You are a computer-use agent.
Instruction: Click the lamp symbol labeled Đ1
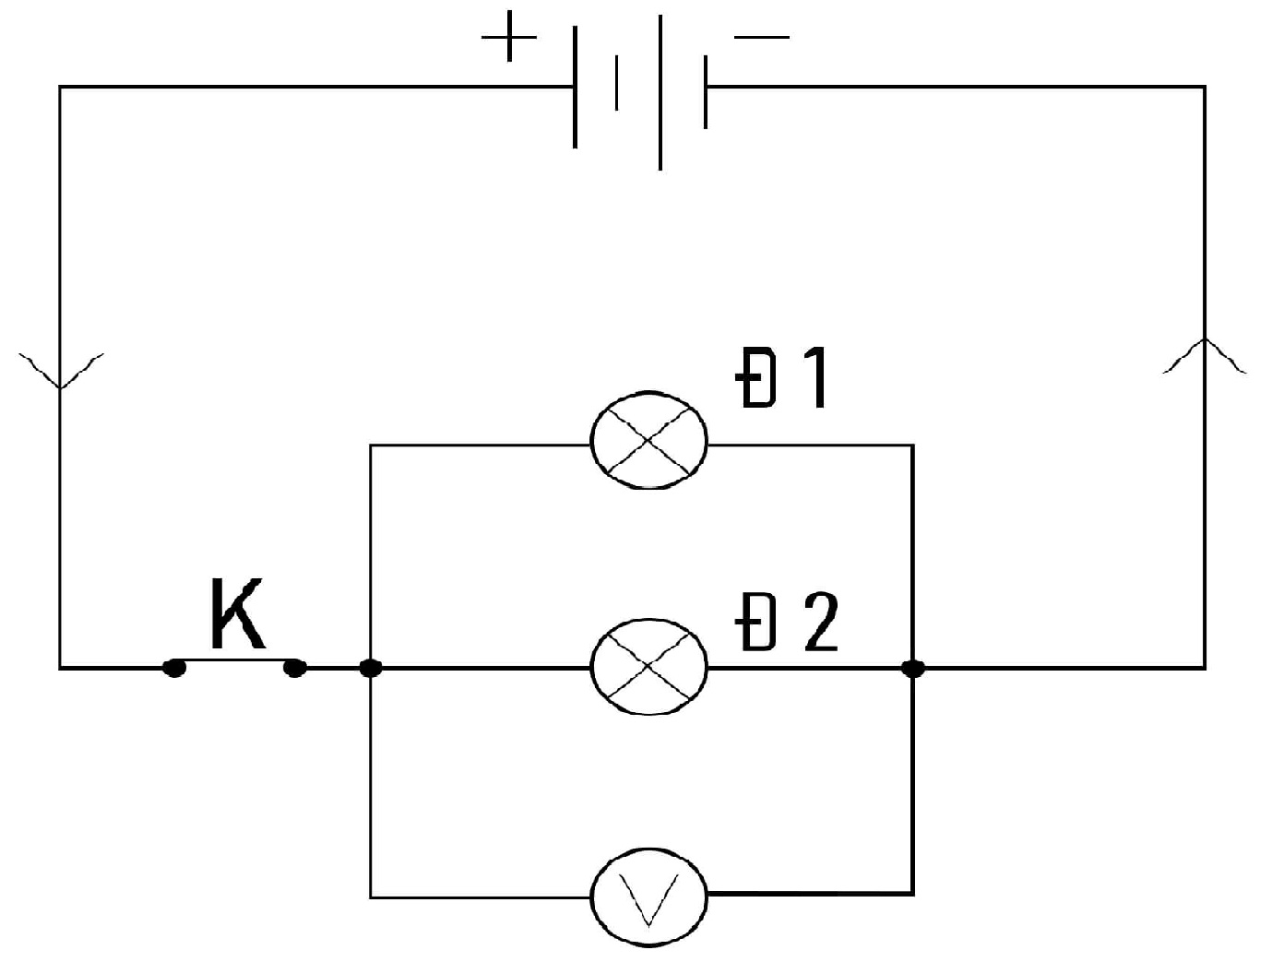click(649, 440)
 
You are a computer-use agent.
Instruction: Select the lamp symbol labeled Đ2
click(649, 666)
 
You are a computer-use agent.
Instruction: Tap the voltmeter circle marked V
click(649, 896)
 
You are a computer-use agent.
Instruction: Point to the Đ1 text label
click(782, 379)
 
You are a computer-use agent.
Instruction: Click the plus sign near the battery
click(508, 38)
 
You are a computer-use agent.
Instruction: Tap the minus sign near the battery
click(762, 38)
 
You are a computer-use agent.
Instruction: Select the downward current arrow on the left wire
click(61, 369)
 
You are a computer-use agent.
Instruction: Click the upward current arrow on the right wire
click(1205, 355)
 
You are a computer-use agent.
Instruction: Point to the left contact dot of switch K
click(173, 667)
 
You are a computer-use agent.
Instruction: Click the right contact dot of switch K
click(295, 667)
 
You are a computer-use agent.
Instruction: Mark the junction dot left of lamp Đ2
click(370, 667)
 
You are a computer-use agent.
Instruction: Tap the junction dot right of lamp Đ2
click(913, 667)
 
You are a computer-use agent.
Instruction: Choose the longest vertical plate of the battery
click(660, 92)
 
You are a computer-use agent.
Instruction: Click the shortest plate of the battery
click(616, 83)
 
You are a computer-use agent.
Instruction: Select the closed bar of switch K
click(234, 659)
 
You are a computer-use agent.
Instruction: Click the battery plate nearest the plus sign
click(576, 87)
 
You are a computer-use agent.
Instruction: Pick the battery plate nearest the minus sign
click(706, 90)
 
